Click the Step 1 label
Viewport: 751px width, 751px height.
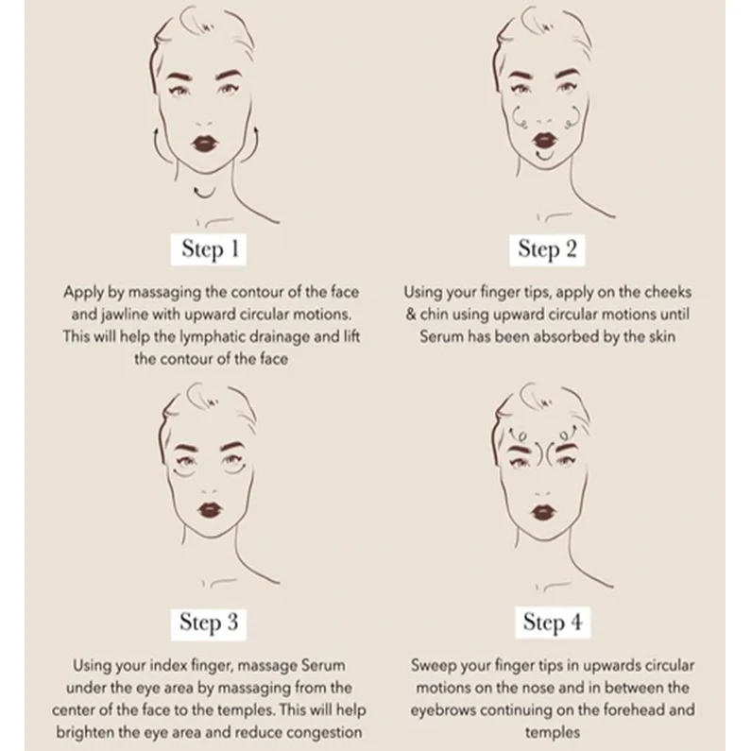pyautogui.click(x=209, y=249)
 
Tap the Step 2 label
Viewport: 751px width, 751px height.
pyautogui.click(x=547, y=249)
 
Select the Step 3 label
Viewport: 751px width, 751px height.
pyautogui.click(x=209, y=623)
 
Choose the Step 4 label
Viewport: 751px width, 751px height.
pyautogui.click(x=553, y=623)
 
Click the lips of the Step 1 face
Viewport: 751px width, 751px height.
pyautogui.click(x=205, y=143)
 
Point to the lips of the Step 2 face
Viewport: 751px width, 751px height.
pyautogui.click(x=545, y=139)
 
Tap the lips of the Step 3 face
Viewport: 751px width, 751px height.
pyautogui.click(x=210, y=509)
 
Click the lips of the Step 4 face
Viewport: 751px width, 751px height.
pyautogui.click(x=543, y=513)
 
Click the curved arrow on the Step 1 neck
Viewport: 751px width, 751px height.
pyautogui.click(x=204, y=195)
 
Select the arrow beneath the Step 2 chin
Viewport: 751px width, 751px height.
pyautogui.click(x=545, y=156)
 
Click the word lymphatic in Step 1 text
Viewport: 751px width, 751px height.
pyautogui.click(x=211, y=337)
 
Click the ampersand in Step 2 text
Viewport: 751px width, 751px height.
pyautogui.click(x=411, y=315)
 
